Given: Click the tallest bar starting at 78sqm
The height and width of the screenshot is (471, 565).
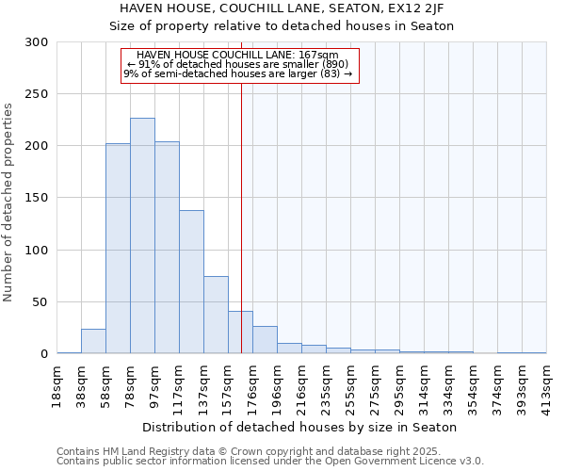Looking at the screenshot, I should (142, 235).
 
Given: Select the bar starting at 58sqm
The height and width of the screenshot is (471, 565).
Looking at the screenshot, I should (118, 249).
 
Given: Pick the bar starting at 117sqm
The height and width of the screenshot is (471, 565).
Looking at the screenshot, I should (191, 282).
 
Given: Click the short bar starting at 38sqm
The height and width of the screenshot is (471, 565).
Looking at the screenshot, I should (93, 342).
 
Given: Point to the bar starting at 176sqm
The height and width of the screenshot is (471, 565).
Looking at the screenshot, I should (265, 340).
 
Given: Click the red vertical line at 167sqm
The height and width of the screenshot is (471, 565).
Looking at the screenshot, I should (241, 188).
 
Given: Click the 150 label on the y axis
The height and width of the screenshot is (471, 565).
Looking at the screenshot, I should (37, 198).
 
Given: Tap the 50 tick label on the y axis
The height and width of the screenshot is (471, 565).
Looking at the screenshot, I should (40, 302).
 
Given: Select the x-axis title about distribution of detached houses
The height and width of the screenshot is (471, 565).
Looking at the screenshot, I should (301, 427).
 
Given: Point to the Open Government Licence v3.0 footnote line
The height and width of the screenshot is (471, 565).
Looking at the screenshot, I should (270, 462).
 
